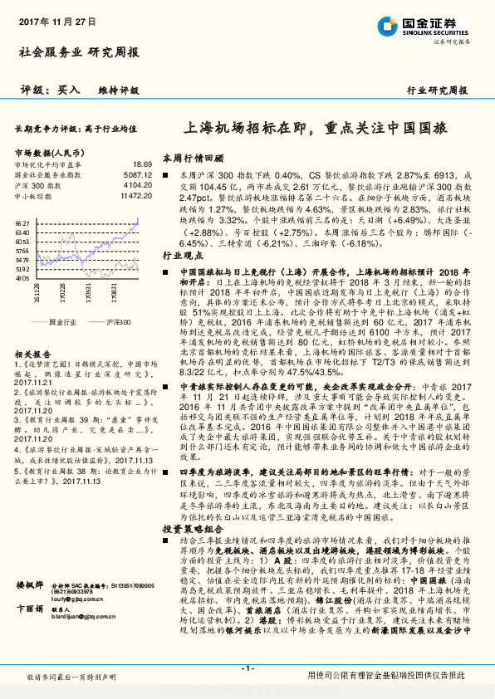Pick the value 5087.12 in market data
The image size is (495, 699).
[x=138, y=175]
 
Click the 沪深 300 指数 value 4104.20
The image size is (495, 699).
[x=138, y=185]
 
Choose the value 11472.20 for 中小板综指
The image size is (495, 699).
[x=136, y=195]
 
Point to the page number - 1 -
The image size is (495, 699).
[x=247, y=668]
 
